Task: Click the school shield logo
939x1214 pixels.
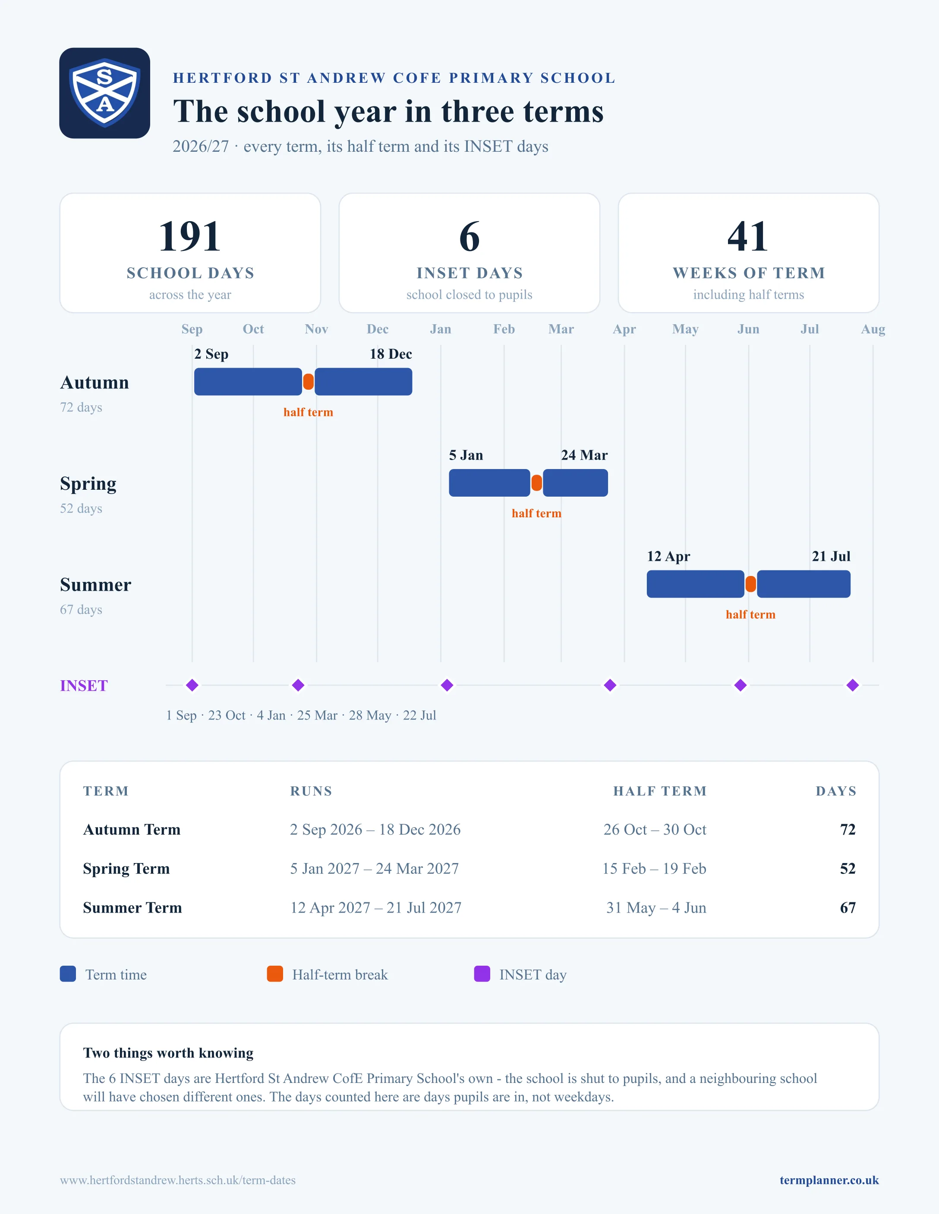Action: point(104,93)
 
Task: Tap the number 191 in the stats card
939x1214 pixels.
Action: point(190,236)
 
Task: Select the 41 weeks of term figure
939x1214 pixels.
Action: point(748,236)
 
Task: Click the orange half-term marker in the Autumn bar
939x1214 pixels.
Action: point(308,382)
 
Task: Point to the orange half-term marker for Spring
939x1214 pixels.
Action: point(536,483)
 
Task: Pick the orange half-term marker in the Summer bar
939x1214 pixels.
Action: point(750,584)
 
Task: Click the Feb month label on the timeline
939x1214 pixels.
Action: point(504,329)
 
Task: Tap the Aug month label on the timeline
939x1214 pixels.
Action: point(873,329)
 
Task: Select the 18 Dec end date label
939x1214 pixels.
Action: point(391,354)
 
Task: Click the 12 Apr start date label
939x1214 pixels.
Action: point(668,557)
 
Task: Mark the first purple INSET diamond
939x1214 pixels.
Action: point(192,685)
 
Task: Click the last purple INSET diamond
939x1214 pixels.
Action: point(853,685)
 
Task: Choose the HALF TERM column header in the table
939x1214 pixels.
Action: point(660,791)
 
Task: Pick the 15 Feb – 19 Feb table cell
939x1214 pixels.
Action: point(654,868)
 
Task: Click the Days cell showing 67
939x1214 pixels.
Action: point(848,908)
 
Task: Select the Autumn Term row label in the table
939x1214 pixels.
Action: point(132,829)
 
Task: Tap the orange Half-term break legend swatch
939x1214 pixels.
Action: point(275,974)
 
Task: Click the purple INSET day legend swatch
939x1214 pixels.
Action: point(482,974)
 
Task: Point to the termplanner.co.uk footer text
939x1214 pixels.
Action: point(829,1180)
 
